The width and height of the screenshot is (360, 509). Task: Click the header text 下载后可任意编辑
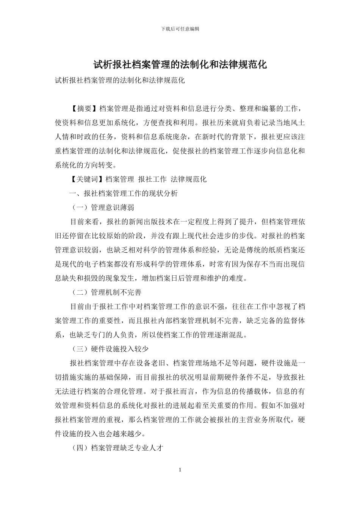[x=180, y=29]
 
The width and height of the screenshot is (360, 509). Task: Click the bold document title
[x=180, y=65]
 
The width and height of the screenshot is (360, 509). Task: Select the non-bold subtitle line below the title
[x=120, y=81]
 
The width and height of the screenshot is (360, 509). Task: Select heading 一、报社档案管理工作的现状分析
[x=123, y=193]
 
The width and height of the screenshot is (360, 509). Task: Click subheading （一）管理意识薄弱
[x=102, y=208]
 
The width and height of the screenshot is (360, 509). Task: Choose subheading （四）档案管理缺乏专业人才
[x=117, y=448]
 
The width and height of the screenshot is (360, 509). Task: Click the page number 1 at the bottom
[x=180, y=470]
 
